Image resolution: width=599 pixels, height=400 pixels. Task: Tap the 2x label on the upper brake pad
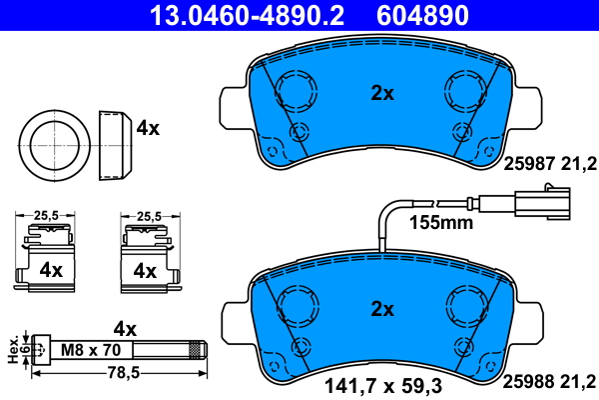[382, 93]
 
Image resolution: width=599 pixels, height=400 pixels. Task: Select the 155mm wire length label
[441, 223]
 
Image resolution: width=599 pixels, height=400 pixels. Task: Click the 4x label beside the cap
[148, 128]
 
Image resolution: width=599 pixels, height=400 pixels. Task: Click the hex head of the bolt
[38, 349]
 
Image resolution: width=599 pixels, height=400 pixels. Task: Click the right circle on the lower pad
[466, 304]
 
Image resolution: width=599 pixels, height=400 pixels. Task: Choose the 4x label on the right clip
[145, 270]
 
